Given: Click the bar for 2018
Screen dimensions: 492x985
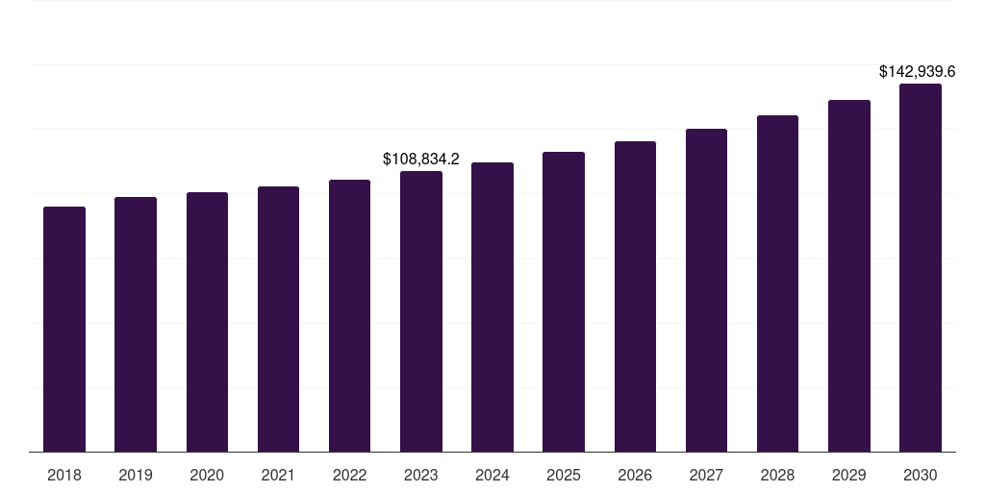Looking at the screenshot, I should point(64,329).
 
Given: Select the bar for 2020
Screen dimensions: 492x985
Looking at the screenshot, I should point(207,322).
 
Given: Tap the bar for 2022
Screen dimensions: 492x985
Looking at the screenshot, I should point(349,315).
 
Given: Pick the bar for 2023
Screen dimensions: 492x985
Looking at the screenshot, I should point(421,311).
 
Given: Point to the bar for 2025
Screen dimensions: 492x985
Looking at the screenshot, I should point(564,302).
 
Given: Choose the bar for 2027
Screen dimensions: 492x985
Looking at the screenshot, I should point(706,290).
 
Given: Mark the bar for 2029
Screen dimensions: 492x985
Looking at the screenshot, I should point(849,276).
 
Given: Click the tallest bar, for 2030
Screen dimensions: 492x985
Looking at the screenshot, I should point(921,267).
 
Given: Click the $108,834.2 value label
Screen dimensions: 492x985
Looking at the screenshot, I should point(421,159).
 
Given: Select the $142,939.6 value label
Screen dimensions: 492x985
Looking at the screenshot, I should point(918,72).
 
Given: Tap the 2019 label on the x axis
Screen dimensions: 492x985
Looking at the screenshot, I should point(136,476).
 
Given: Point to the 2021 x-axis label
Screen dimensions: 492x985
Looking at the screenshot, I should point(278,476).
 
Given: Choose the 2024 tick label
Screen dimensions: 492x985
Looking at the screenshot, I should point(492,476).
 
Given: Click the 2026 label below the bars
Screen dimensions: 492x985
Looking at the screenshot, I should point(635,476).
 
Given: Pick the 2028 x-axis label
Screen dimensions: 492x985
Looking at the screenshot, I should point(777,476).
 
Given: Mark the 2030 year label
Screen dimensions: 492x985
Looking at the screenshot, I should point(921,476).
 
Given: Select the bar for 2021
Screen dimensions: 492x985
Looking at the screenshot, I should point(278,319).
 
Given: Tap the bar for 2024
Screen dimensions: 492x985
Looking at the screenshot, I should point(492,307).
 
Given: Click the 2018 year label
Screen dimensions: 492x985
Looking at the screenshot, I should point(64,476).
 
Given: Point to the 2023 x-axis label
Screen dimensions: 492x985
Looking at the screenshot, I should point(421,476).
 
